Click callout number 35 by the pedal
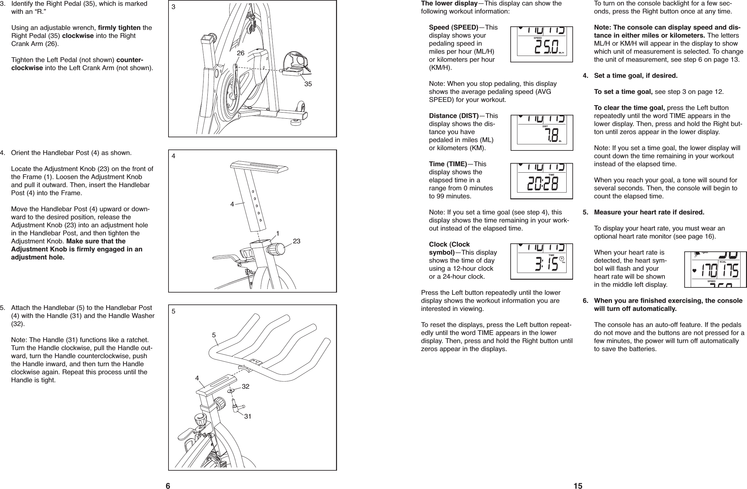308,84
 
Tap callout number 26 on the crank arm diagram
241,53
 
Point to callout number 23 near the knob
296,240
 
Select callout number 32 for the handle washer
246,386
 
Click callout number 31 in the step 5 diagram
247,417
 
